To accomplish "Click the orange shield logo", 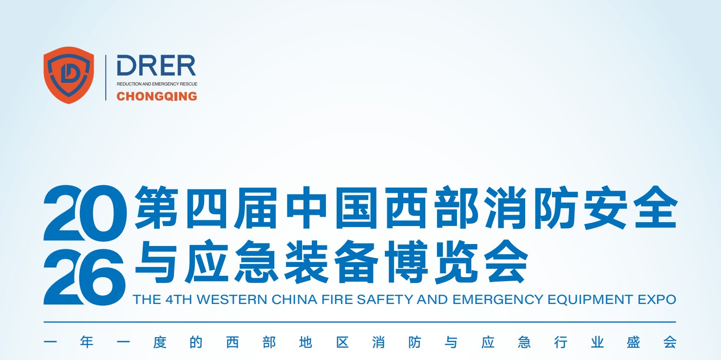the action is [69, 75].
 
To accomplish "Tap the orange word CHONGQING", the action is [157, 96].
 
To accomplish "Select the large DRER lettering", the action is [156, 65].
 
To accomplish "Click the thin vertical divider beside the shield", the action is [106, 77].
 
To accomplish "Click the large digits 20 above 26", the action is [85, 213].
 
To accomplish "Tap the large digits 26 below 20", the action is [84, 277].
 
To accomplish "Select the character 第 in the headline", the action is [156, 207].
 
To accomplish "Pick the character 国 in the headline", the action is [356, 208].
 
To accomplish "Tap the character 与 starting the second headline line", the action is [156, 261].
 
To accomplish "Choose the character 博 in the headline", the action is [406, 261].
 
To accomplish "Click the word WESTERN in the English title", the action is [232, 300].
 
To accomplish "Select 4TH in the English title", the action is [179, 300].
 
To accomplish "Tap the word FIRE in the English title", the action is [336, 300].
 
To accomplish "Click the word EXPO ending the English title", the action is [657, 300].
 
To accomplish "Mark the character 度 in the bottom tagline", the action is [160, 342].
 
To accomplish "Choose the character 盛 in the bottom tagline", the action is [633, 342].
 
